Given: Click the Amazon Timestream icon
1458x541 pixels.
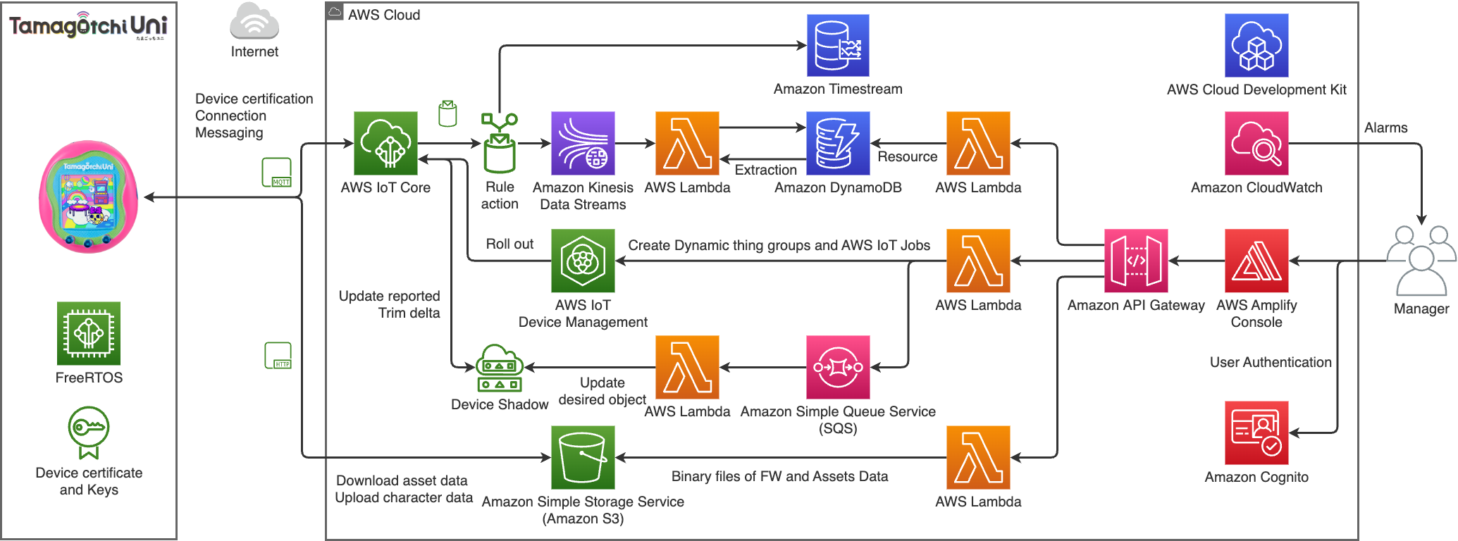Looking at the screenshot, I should click(838, 46).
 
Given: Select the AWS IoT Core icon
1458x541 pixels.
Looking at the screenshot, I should click(385, 143).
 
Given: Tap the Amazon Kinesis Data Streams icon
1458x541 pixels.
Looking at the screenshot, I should click(583, 143).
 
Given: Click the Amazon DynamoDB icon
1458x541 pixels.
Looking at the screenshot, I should click(838, 143).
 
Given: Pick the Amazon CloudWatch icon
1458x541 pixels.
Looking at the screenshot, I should click(1256, 143).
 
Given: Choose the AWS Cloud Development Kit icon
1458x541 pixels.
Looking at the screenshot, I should click(1256, 46).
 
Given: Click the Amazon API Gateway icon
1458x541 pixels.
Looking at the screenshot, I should click(1136, 261).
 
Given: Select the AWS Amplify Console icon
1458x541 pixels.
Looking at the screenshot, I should click(1256, 261).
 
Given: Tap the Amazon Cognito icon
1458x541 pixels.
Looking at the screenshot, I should click(1256, 433).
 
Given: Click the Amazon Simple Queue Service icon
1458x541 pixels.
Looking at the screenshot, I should click(838, 367).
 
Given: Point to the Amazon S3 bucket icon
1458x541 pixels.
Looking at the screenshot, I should click(583, 457).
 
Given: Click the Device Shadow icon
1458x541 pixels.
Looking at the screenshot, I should click(500, 368).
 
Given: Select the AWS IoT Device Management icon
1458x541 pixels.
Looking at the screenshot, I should click(583, 261).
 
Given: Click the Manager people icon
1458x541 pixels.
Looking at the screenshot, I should click(1421, 261).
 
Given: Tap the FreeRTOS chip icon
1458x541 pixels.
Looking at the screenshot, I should click(89, 333).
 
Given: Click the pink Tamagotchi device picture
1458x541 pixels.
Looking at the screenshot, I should click(89, 197).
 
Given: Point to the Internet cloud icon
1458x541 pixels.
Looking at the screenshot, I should click(254, 22).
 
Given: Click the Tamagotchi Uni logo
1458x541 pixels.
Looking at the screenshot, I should click(88, 27).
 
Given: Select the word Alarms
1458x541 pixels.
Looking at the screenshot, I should click(1385, 128).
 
